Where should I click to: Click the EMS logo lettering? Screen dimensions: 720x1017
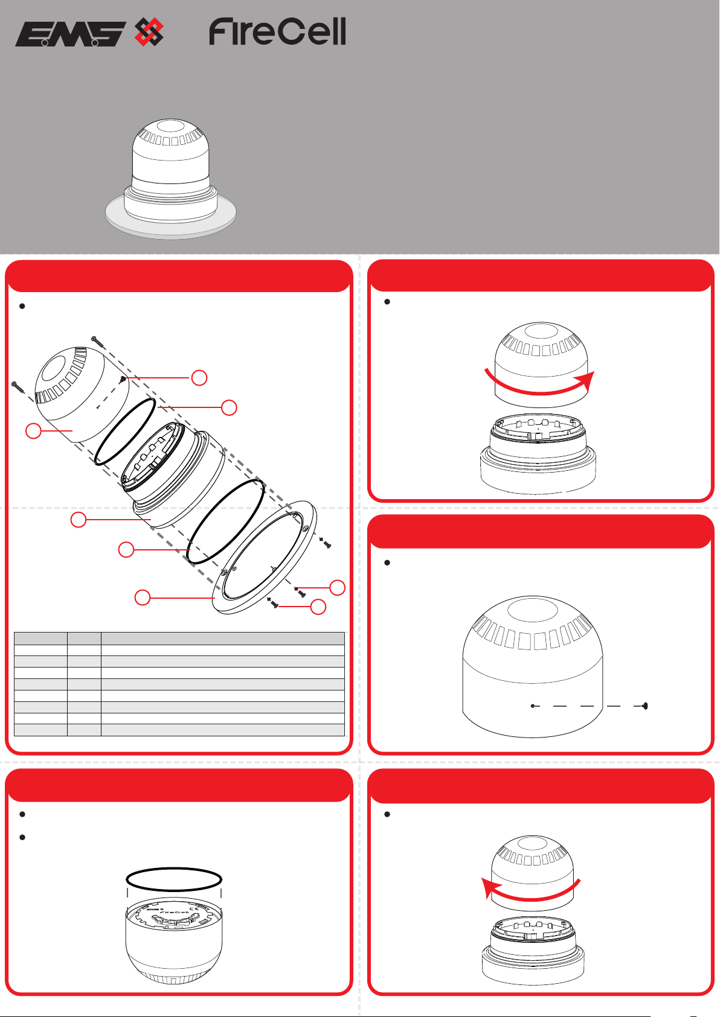click(x=71, y=34)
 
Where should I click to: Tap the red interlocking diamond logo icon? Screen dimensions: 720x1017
click(x=149, y=32)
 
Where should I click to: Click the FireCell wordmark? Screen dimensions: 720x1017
click(x=277, y=31)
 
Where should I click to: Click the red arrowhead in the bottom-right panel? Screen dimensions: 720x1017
click(x=490, y=888)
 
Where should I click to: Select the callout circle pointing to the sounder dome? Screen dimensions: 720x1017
click(x=33, y=430)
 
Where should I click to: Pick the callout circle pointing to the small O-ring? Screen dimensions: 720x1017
click(x=229, y=407)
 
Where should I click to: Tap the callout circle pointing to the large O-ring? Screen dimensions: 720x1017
click(x=126, y=549)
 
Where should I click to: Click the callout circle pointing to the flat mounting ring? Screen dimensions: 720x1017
click(x=142, y=598)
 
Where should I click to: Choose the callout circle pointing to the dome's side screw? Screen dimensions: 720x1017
click(x=199, y=377)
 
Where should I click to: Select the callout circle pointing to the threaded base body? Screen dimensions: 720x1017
click(x=78, y=520)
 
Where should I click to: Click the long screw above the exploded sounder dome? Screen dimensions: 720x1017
click(x=98, y=342)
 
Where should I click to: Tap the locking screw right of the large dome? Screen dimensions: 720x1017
click(x=644, y=706)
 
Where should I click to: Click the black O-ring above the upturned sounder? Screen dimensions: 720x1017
click(x=174, y=879)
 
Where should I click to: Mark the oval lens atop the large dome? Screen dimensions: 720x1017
click(x=532, y=610)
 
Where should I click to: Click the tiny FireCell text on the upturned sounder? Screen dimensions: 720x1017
click(x=175, y=911)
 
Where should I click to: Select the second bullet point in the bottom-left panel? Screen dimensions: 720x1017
click(x=22, y=837)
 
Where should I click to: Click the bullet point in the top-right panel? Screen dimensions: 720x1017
click(x=387, y=301)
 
